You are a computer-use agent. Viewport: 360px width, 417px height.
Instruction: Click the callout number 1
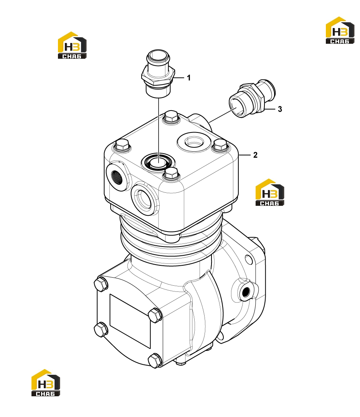(x=189, y=78)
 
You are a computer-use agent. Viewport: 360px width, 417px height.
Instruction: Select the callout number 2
(x=255, y=155)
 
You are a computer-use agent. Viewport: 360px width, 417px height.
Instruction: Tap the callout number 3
(x=280, y=109)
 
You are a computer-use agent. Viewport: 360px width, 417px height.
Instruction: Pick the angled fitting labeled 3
(x=252, y=98)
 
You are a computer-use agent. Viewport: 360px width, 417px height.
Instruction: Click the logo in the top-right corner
(x=340, y=30)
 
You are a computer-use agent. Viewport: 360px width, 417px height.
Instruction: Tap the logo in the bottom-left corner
(x=46, y=383)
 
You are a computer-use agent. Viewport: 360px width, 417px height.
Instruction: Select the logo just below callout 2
(x=269, y=192)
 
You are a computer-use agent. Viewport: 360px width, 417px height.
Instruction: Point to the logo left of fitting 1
(x=72, y=45)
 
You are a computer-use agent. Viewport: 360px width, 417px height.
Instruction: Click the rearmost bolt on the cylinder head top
(x=171, y=117)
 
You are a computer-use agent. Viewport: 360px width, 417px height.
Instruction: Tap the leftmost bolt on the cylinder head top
(x=122, y=146)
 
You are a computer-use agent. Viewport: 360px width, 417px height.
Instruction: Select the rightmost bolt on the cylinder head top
(x=220, y=145)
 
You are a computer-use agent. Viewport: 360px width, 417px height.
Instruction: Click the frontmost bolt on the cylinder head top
(x=171, y=174)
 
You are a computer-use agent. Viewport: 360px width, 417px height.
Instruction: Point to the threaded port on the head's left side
(x=116, y=175)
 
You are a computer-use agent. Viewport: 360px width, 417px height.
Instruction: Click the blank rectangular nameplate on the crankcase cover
(x=130, y=321)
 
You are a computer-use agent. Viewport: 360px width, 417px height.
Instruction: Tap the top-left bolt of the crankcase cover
(x=101, y=284)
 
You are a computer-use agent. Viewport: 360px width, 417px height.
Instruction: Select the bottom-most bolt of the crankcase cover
(x=155, y=361)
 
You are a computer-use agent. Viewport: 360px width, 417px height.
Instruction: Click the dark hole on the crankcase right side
(x=245, y=292)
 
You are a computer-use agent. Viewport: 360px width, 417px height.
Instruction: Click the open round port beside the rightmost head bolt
(x=195, y=143)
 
